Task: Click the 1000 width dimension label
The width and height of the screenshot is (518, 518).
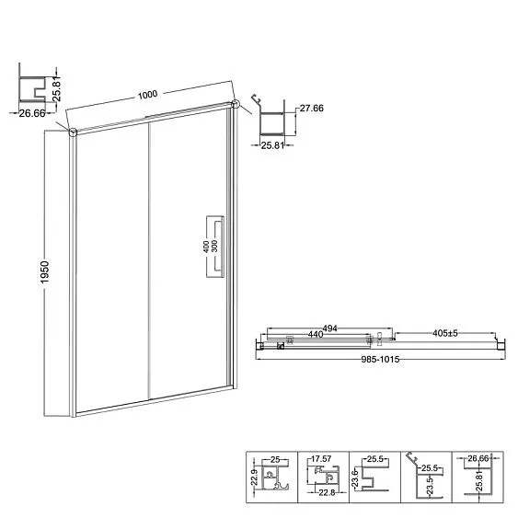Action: coord(147,95)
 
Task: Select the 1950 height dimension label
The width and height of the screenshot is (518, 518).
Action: coord(44,272)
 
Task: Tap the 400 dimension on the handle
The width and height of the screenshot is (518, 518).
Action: coord(206,247)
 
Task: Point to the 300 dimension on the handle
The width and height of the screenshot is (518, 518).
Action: coord(214,247)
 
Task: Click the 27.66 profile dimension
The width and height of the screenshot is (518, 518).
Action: coord(312,108)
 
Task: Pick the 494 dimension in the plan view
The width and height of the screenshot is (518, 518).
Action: coord(329,328)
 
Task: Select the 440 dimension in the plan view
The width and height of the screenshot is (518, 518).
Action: coord(316,334)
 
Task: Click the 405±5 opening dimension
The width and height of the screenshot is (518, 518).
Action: coord(445,333)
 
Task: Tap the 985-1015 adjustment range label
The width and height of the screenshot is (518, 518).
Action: coord(380,359)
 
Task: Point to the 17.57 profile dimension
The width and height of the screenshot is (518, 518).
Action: coord(321,459)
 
